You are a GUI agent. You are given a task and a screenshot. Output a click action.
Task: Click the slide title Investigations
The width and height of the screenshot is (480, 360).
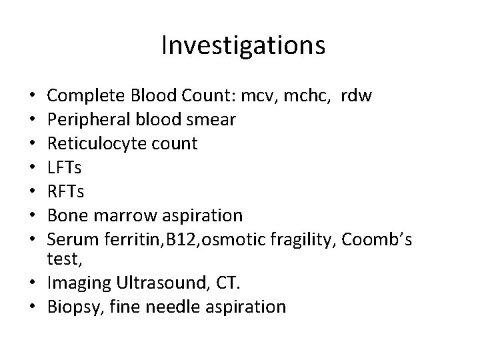click(x=243, y=46)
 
